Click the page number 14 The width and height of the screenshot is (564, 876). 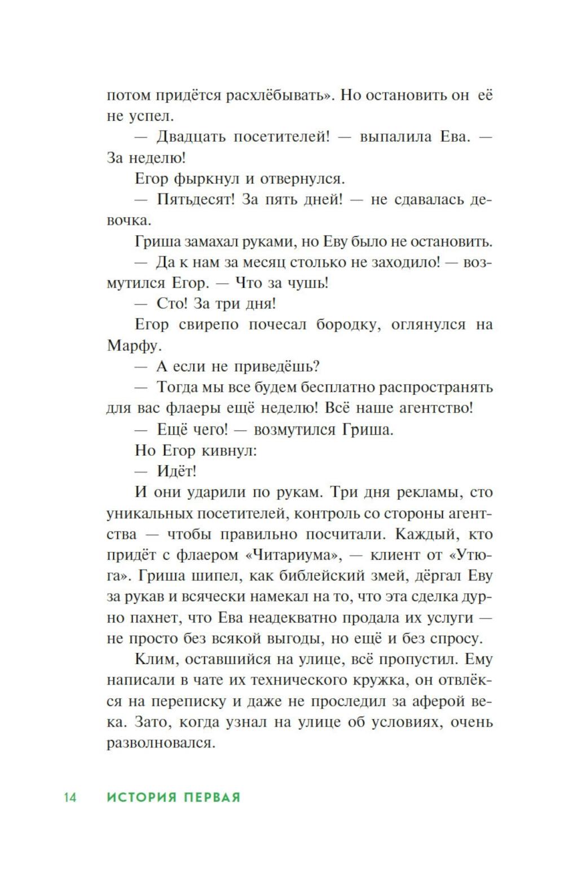tap(70, 797)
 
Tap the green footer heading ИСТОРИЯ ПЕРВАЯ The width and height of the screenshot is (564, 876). tap(174, 797)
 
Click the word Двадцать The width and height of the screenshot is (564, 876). tap(191, 137)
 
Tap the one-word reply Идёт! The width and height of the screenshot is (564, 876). tap(177, 471)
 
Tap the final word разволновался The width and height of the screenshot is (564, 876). tap(161, 742)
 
